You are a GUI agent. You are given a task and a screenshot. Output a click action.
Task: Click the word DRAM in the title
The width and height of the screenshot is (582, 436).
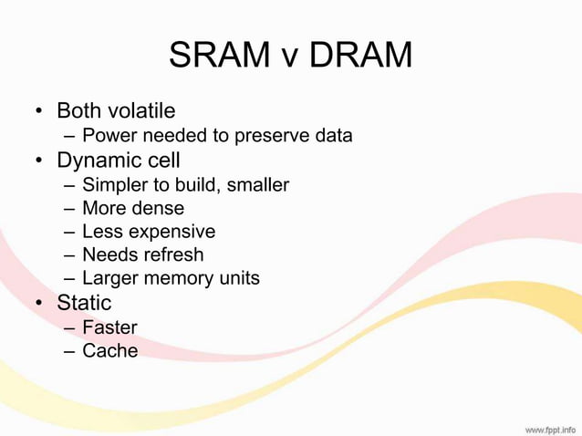360,56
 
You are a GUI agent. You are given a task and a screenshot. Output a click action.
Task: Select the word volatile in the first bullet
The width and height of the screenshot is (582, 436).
141,111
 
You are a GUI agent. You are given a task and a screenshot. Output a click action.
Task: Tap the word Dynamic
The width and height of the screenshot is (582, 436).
99,161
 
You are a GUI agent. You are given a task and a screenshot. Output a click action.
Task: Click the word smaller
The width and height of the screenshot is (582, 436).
257,185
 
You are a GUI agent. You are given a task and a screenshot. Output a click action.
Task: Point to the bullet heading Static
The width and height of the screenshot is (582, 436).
84,303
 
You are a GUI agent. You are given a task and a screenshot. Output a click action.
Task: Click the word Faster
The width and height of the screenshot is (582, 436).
109,327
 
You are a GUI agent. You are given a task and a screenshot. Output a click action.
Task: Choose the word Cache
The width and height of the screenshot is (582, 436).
109,351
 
